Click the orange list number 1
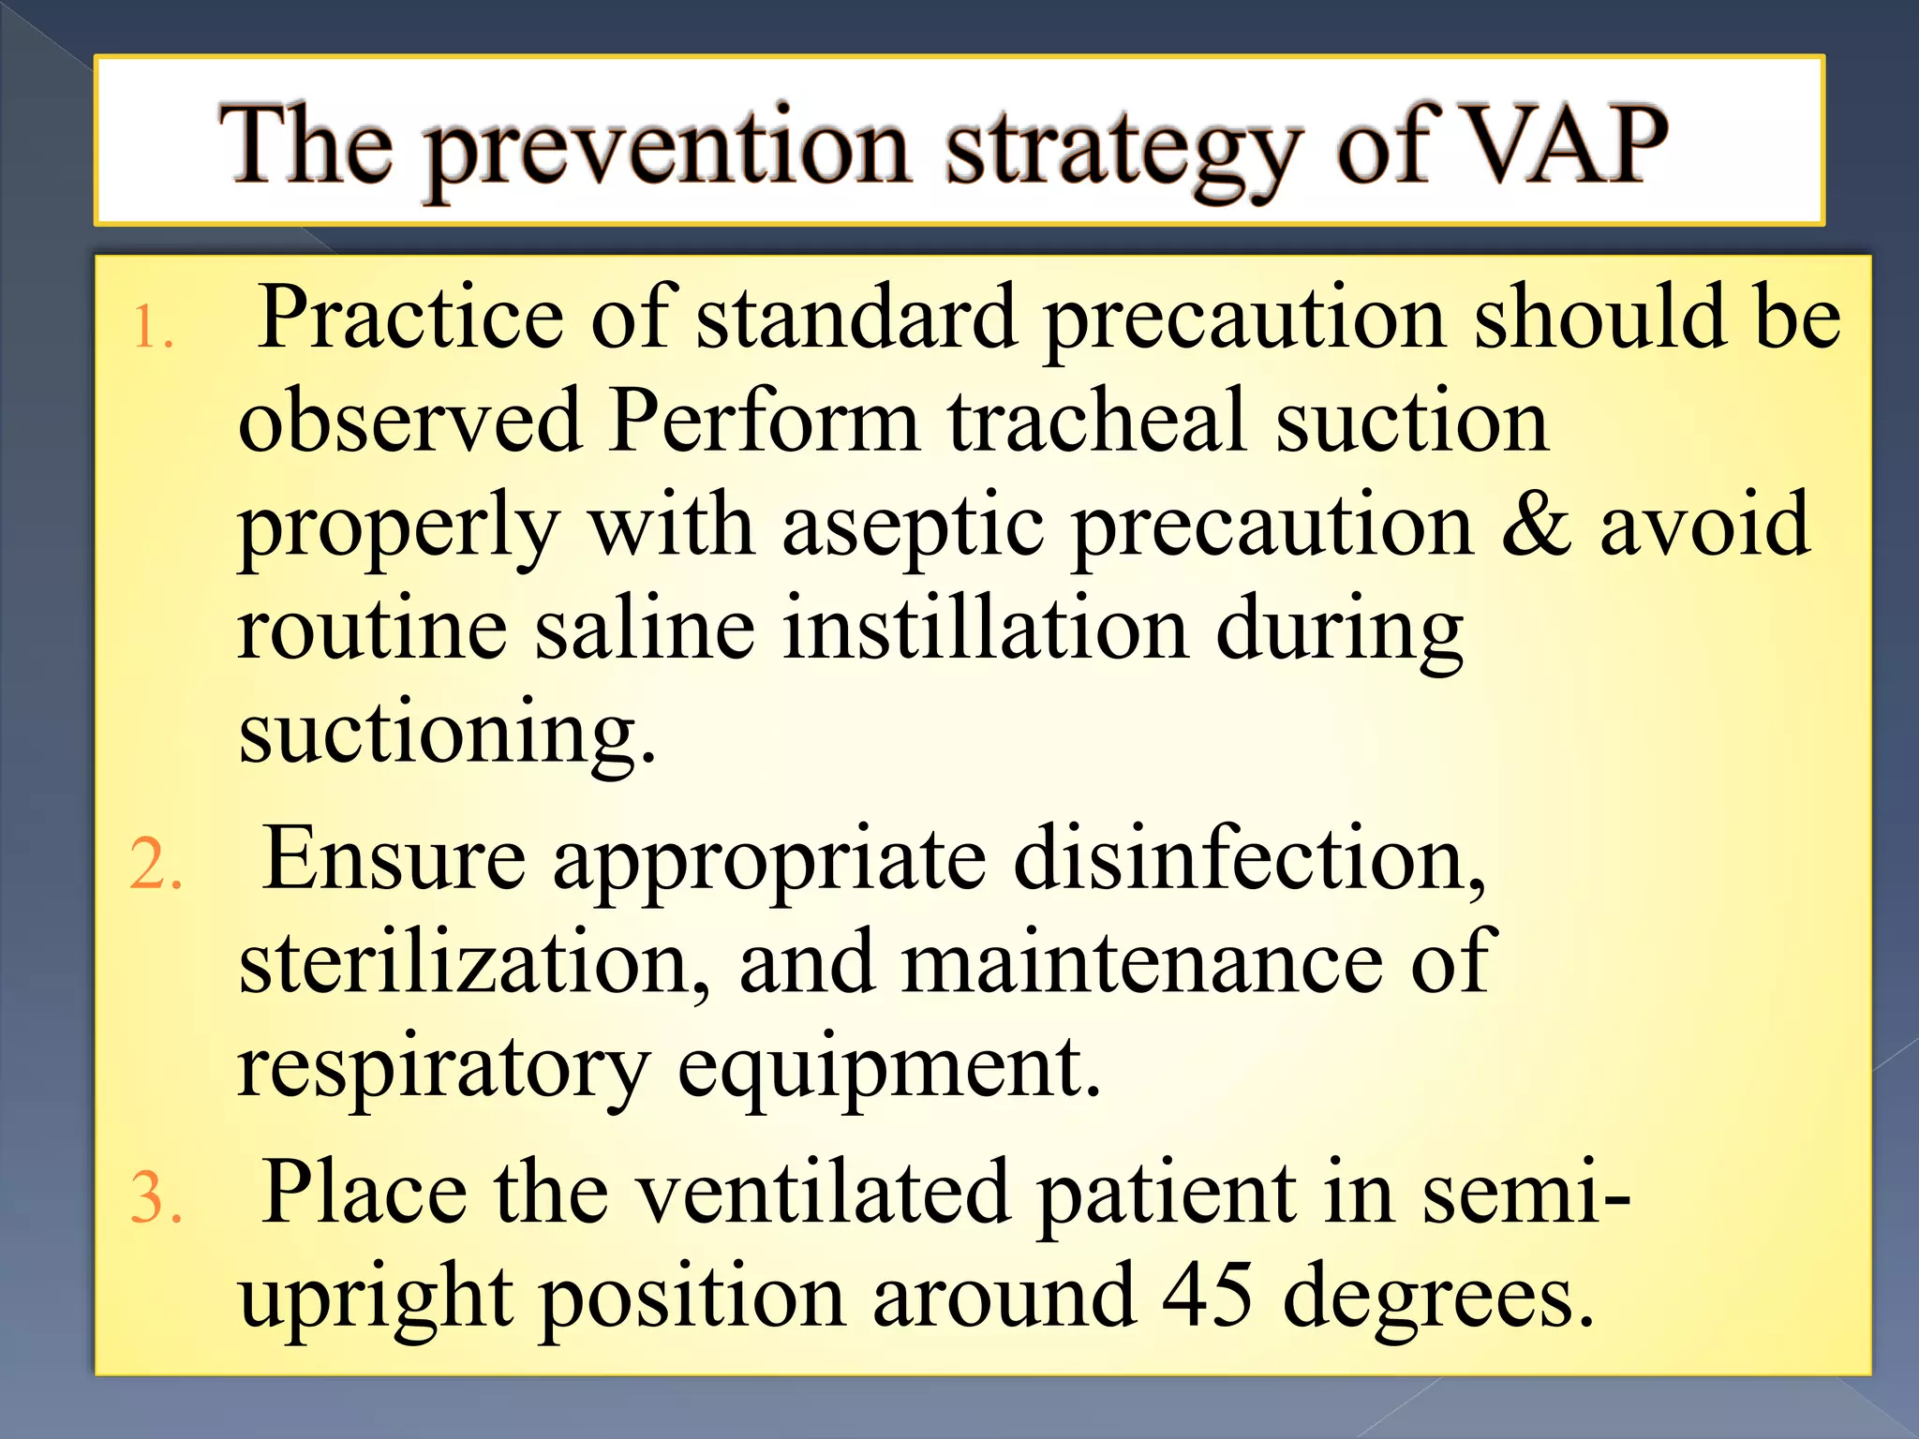coord(153,329)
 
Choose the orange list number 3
coord(155,1198)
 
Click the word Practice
coord(410,318)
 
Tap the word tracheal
coord(1095,421)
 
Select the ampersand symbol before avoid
coord(1536,525)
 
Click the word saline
coord(645,629)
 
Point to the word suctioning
coord(445,734)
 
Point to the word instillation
coord(985,629)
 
